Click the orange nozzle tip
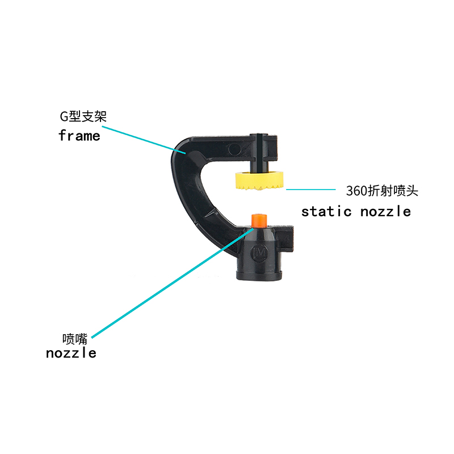click(259, 221)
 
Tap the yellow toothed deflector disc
click(259, 180)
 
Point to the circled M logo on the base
click(259, 253)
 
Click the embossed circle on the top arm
click(234, 149)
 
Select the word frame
click(79, 136)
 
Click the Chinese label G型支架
click(83, 116)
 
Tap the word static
click(326, 211)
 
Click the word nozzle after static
click(385, 211)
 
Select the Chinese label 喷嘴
click(75, 339)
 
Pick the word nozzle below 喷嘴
click(72, 352)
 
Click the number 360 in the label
click(356, 191)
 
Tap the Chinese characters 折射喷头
click(393, 191)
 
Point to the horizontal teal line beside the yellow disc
click(310, 190)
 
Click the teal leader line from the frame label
click(144, 140)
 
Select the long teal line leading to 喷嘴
click(173, 283)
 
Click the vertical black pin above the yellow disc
click(260, 153)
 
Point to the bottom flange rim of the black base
click(259, 275)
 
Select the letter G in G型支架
click(64, 117)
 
